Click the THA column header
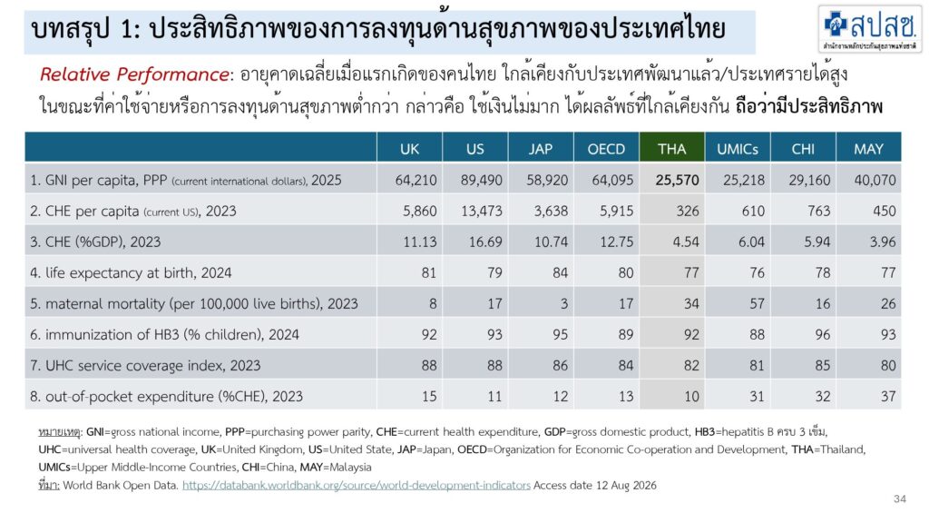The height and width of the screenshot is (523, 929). click(x=671, y=149)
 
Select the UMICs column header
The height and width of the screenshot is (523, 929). click(x=737, y=149)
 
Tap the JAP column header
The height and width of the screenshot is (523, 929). click(x=541, y=149)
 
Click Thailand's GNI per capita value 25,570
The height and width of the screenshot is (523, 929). click(x=677, y=181)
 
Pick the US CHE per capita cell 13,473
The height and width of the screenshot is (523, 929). click(x=482, y=211)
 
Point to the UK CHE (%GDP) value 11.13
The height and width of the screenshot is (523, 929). click(x=419, y=242)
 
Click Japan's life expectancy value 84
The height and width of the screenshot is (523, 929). click(x=560, y=272)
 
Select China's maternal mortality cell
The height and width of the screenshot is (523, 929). click(x=822, y=303)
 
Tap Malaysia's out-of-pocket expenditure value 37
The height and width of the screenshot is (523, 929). click(x=888, y=396)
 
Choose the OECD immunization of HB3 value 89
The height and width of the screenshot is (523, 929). click(x=626, y=334)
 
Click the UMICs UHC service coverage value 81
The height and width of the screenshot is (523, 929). click(x=757, y=365)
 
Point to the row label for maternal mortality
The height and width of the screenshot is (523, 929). click(x=194, y=303)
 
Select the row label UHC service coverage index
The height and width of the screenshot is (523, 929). click(x=145, y=365)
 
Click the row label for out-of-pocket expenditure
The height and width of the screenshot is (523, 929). click(x=167, y=396)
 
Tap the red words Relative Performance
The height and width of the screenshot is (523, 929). click(x=134, y=74)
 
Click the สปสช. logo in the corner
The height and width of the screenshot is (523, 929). click(x=870, y=28)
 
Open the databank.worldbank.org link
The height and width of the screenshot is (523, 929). click(x=356, y=485)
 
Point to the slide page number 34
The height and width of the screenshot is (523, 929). click(x=899, y=498)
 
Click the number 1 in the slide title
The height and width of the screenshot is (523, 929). click(x=127, y=30)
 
